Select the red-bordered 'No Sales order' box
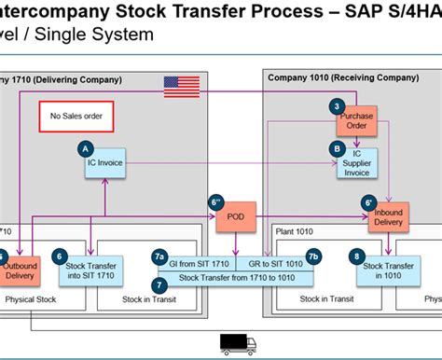coord(76,117)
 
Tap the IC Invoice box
coord(104,162)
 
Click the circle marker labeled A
coord(87,147)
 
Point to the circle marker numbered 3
coord(337,106)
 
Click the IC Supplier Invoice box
coord(356,163)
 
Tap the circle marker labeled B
coord(337,147)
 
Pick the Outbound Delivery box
coord(19,269)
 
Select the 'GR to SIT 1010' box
coord(274,264)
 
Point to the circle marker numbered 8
coord(356,255)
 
